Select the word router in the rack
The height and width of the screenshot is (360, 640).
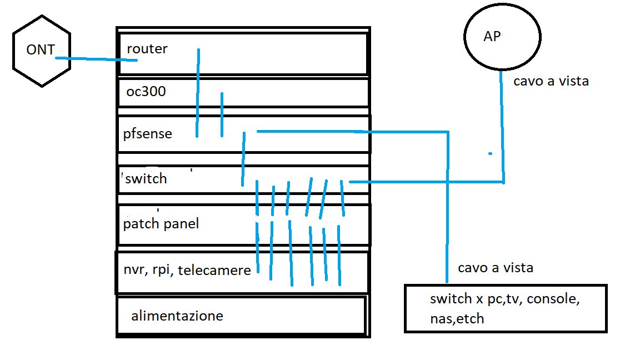147,49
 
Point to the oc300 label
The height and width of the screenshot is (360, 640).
146,91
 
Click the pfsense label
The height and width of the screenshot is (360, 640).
148,134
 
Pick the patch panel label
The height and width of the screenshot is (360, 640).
161,224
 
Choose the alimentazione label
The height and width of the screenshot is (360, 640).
177,316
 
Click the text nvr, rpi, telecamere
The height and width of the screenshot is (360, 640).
187,271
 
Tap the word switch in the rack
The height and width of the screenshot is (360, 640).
146,179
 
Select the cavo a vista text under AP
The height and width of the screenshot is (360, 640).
551,82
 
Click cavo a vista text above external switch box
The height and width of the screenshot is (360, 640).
496,268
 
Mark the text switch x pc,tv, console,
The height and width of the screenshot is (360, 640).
504,300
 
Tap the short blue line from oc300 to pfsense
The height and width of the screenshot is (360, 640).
222,114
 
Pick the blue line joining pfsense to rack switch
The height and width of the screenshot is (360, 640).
243,159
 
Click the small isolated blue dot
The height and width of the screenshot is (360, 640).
489,153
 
